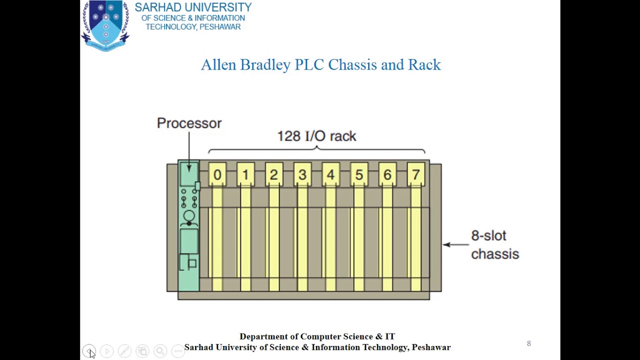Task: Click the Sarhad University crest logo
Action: tap(105, 25)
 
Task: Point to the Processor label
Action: tap(189, 123)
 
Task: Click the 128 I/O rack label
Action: tap(316, 136)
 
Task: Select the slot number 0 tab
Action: tap(217, 174)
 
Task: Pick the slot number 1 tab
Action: tap(245, 174)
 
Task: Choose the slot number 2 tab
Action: tap(273, 174)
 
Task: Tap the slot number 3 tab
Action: tap(302, 174)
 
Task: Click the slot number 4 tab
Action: tap(330, 174)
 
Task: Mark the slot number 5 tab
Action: tap(359, 174)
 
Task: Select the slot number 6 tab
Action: tap(387, 174)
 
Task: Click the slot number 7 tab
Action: tap(416, 174)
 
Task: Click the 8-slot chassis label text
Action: tap(494, 245)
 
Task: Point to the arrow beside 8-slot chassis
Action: tap(455, 244)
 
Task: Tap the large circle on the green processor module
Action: tap(189, 216)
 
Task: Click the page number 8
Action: tap(528, 343)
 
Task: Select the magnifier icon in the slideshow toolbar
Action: tap(160, 351)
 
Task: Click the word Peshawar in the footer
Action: tap(431, 347)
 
